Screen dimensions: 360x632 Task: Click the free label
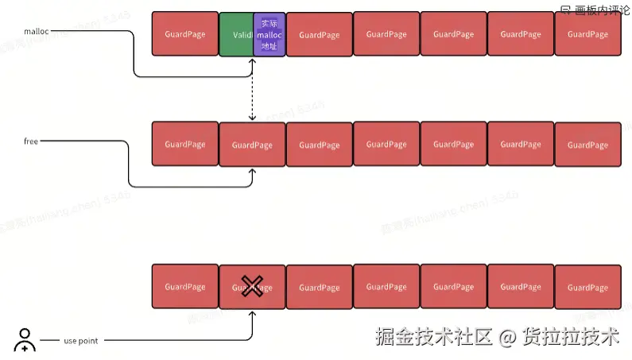[x=31, y=141]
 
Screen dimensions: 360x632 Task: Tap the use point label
[x=80, y=341]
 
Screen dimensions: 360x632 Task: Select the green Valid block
[x=236, y=35]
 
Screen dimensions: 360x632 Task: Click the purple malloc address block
[x=269, y=35]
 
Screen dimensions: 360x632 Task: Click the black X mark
[x=252, y=286]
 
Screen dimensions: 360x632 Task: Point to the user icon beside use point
[x=25, y=339]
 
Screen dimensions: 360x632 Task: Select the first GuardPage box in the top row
[x=184, y=34]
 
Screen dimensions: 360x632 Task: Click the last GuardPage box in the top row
[x=587, y=34]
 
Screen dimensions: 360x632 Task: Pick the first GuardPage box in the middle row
[x=184, y=144]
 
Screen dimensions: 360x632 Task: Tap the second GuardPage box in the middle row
[x=252, y=145]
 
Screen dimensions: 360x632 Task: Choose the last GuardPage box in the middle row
[x=587, y=145]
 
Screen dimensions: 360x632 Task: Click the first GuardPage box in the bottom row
[x=184, y=286]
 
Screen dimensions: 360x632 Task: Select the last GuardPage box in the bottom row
[x=587, y=287]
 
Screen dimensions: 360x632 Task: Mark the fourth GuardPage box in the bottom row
[x=386, y=287]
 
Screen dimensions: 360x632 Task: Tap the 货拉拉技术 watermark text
[x=570, y=337]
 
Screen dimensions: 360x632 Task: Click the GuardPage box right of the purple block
[x=319, y=35]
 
